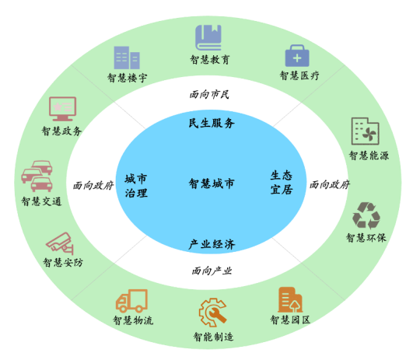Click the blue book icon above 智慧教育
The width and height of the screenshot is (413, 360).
[x=208, y=37]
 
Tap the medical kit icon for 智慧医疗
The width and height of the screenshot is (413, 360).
[x=297, y=55]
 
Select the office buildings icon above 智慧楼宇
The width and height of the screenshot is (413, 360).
[x=127, y=58]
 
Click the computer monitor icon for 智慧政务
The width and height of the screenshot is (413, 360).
[x=63, y=109]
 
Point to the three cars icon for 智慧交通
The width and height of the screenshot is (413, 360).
[x=37, y=176]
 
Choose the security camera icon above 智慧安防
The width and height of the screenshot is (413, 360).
[x=60, y=243]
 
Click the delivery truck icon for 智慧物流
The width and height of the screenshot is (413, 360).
[x=131, y=301]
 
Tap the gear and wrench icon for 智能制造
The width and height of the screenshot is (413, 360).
[x=213, y=313]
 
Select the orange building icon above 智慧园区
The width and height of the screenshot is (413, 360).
[x=290, y=299]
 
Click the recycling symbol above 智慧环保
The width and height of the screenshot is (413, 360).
[x=366, y=215]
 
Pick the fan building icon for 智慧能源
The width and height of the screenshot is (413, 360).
[x=366, y=131]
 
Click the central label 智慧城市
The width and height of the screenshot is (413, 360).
[x=212, y=183]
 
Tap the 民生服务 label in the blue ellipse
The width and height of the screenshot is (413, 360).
[x=212, y=123]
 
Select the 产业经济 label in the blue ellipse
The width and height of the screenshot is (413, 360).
[x=212, y=244]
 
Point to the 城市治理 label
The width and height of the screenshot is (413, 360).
[x=136, y=186]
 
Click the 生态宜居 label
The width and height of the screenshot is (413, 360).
[x=282, y=183]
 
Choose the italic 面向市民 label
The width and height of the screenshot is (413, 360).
[x=209, y=94]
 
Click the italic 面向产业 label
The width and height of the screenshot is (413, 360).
[x=212, y=271]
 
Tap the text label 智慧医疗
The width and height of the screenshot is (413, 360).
[x=299, y=75]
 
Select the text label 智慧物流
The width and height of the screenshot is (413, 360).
[x=133, y=320]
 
